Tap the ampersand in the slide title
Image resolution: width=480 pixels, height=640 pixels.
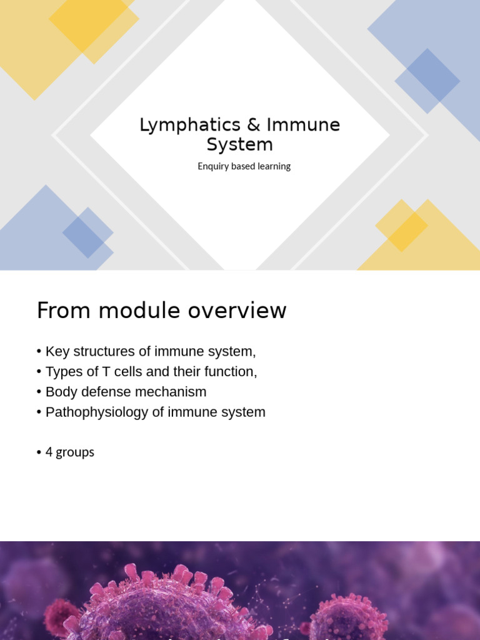[x=253, y=125]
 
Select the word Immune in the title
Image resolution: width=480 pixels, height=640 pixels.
[x=303, y=125]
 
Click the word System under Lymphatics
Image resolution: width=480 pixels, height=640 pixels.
[x=240, y=144]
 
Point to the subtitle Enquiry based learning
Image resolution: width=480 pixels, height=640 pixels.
[x=244, y=166]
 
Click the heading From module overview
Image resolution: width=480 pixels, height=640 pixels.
[x=161, y=311]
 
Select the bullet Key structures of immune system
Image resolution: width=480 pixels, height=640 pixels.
[x=150, y=351]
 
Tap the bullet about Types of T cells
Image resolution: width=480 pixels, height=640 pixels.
[x=151, y=371]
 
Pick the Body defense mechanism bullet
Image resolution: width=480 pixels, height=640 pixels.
[x=126, y=392]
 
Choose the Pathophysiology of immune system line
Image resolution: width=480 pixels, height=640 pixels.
[x=155, y=412]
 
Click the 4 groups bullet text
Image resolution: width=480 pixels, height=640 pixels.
[x=69, y=452]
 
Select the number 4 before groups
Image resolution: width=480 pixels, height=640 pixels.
[x=49, y=452]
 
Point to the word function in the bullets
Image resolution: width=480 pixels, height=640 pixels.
[x=229, y=371]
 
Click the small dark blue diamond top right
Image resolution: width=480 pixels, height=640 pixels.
[x=427, y=81]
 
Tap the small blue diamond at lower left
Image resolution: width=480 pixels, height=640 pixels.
[x=87, y=232]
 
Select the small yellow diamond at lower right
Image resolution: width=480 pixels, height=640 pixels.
[x=401, y=226]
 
